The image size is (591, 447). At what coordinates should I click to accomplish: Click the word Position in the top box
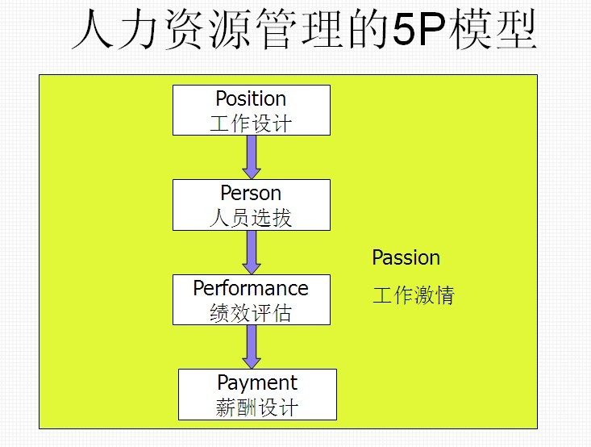click(251, 99)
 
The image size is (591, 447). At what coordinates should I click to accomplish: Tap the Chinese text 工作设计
click(251, 123)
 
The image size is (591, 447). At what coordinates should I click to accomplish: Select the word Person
click(251, 194)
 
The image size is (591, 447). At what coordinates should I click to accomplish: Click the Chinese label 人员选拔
click(251, 217)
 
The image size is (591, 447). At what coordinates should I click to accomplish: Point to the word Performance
click(251, 288)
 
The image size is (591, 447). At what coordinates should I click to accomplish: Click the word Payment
click(257, 383)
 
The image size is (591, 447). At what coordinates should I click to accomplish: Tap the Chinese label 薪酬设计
click(257, 407)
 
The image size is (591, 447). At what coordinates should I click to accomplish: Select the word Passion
click(406, 258)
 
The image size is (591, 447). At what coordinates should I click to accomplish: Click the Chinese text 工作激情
click(413, 295)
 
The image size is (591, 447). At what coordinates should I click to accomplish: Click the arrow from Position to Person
click(252, 157)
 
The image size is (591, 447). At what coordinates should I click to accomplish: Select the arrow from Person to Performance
click(252, 252)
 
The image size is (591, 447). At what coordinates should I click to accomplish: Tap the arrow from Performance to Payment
click(252, 346)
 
